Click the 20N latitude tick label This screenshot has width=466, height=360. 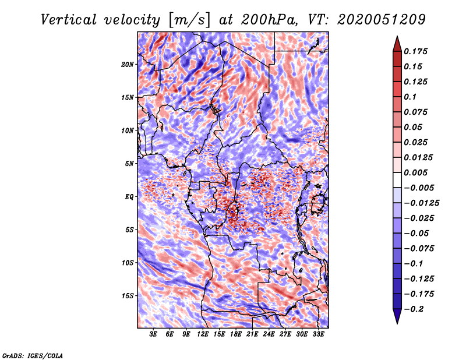[x=128, y=64]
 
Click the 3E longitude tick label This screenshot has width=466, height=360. [x=154, y=334]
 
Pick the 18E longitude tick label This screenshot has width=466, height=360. [x=236, y=334]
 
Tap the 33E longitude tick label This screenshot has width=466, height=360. [x=318, y=334]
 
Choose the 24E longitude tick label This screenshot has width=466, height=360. [x=269, y=334]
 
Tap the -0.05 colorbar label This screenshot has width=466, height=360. [x=416, y=233]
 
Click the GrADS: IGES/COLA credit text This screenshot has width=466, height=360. [x=32, y=355]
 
